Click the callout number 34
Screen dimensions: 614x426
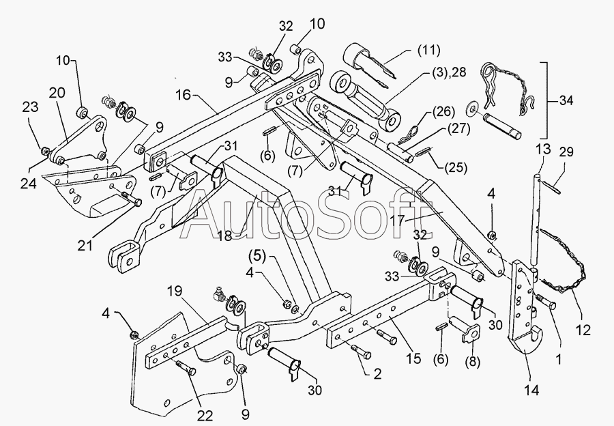point(565,100)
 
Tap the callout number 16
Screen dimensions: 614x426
point(184,95)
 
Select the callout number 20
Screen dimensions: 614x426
point(57,94)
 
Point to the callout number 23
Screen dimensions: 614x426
point(31,107)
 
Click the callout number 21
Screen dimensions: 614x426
point(85,245)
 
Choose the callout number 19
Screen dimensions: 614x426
point(175,291)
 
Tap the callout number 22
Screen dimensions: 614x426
point(205,416)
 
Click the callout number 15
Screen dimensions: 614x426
point(413,358)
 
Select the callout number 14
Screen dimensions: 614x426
point(531,390)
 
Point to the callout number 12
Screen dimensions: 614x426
point(583,330)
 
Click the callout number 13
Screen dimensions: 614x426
point(544,150)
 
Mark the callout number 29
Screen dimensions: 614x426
point(565,152)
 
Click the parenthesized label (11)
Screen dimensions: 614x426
point(429,51)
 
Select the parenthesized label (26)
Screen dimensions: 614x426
point(443,112)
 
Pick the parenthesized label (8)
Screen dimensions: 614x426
point(472,362)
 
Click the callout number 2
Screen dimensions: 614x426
point(377,373)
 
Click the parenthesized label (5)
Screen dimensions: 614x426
point(257,257)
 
